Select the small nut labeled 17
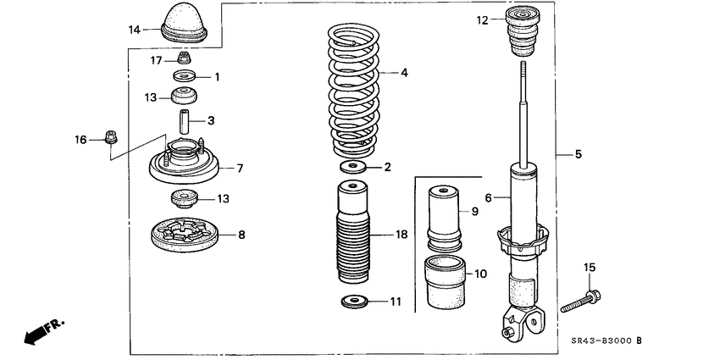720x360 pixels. tap(184, 59)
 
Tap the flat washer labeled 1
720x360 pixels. tap(184, 77)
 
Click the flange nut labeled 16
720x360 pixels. tap(109, 137)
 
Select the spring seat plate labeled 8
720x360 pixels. tap(184, 235)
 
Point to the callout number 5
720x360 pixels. tap(579, 154)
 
